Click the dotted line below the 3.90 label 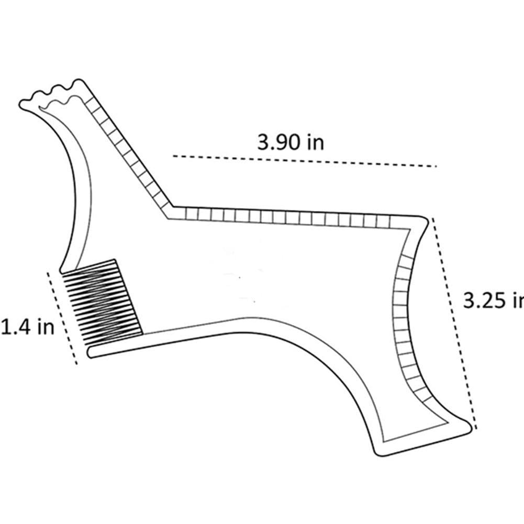[304, 161]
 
